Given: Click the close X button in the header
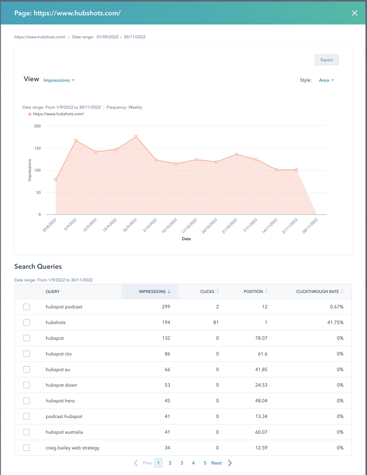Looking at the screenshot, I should (354, 13).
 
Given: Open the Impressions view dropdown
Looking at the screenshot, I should (59, 80).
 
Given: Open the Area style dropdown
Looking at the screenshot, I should (326, 80).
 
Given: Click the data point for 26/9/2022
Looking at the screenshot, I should (136, 137).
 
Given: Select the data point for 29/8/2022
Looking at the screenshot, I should (56, 179).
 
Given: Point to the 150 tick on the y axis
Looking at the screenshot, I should (37, 148).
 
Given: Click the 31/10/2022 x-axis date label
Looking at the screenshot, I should (229, 226).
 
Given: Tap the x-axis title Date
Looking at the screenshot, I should (186, 239).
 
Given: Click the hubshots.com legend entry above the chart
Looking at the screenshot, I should (58, 114).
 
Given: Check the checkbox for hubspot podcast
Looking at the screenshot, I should (27, 307).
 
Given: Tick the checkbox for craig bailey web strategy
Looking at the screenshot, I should (27, 448).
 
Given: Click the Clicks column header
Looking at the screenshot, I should (207, 292).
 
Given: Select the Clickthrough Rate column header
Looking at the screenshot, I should (317, 292).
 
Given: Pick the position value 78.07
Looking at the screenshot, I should (260, 338).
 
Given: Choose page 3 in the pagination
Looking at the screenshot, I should (182, 463).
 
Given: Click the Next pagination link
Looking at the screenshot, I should (217, 463).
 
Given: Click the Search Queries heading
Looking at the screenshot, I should (38, 266).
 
